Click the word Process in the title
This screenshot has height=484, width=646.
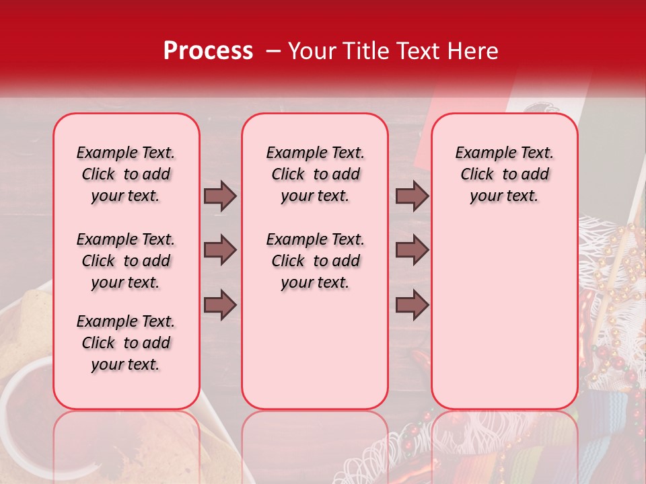point(207,51)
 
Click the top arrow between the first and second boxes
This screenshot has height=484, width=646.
point(220,196)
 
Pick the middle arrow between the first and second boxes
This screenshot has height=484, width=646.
point(220,250)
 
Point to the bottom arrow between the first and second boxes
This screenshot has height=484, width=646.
point(220,305)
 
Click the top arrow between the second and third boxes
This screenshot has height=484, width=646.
point(412,196)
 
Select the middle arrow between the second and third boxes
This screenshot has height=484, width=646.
point(412,250)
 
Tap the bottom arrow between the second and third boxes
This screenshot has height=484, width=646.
point(412,305)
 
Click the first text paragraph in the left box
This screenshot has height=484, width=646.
point(126,174)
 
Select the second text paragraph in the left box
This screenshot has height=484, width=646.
point(126,261)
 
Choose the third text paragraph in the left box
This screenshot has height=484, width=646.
point(126,343)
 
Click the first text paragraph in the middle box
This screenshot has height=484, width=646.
point(315,174)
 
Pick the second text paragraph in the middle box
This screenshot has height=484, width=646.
point(315,261)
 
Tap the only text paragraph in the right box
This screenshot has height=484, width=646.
point(504,174)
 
